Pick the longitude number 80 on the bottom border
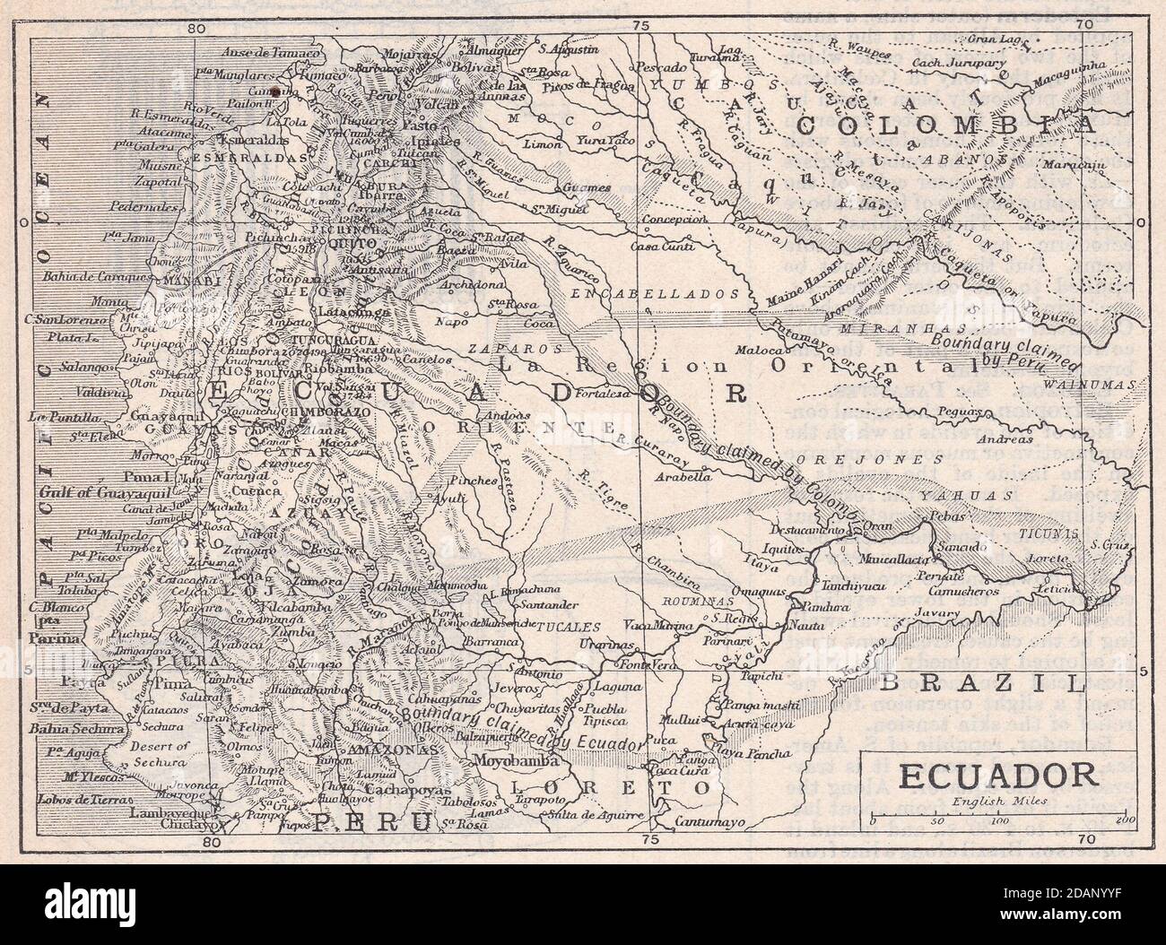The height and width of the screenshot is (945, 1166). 212,841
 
